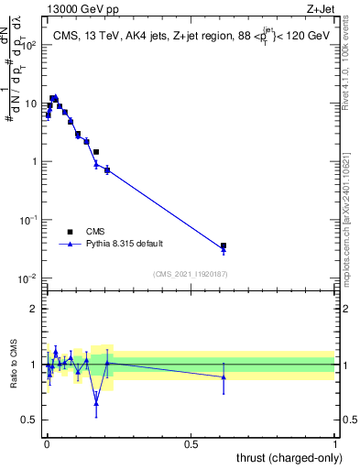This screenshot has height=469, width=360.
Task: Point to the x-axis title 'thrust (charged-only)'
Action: pyautogui.click(x=289, y=457)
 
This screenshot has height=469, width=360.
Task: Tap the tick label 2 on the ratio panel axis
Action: pyautogui.click(x=34, y=309)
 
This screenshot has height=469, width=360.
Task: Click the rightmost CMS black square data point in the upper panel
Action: pyautogui.click(x=224, y=245)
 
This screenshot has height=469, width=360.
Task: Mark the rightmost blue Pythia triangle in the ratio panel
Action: pyautogui.click(x=224, y=376)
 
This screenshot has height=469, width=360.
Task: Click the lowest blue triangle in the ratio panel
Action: pyautogui.click(x=96, y=403)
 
